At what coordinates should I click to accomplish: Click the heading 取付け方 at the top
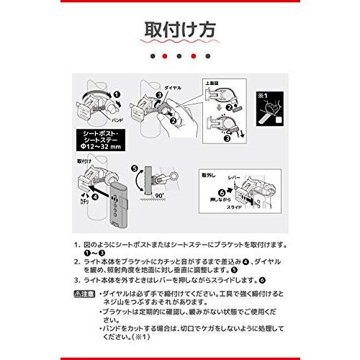coord(180,32)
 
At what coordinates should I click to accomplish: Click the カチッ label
coord(84,202)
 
